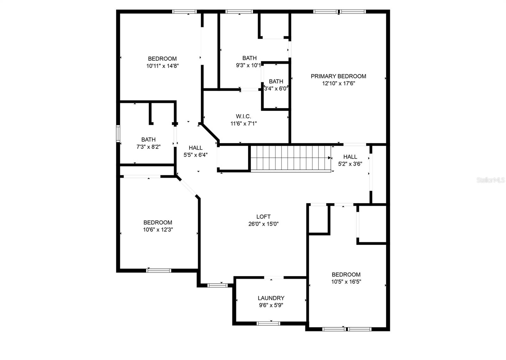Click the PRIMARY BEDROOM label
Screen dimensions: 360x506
338,76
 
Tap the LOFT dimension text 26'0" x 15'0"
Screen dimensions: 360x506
263,224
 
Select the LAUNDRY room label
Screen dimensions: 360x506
271,298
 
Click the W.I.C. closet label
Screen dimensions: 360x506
243,116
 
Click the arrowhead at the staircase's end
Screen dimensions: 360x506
329,157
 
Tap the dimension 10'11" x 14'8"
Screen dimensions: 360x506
163,66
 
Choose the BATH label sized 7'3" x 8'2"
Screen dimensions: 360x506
148,139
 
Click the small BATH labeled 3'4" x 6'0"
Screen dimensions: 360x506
276,82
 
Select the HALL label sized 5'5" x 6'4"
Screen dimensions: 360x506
195,148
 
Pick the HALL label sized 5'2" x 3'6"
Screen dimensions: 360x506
350,157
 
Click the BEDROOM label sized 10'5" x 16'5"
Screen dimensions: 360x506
346,275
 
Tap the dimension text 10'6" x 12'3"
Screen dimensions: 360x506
158,230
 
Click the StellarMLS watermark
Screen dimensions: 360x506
491,180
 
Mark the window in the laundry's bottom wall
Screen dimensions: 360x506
268,323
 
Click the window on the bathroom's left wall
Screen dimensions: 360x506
118,133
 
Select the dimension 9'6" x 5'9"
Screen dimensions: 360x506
271,305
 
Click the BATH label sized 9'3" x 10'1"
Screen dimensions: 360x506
249,58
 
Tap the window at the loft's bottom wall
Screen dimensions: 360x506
218,285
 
